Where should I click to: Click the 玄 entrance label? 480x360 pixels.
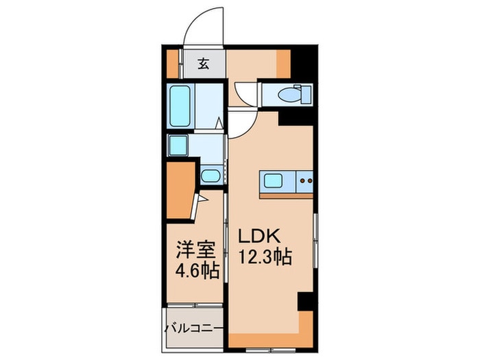204,64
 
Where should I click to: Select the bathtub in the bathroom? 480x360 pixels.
180,106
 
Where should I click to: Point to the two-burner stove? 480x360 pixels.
304,182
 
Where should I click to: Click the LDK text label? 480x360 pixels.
258,236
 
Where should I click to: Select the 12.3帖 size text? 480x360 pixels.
265,258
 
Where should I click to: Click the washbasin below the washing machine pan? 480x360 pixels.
210,176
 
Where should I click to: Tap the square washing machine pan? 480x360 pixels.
178,145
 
